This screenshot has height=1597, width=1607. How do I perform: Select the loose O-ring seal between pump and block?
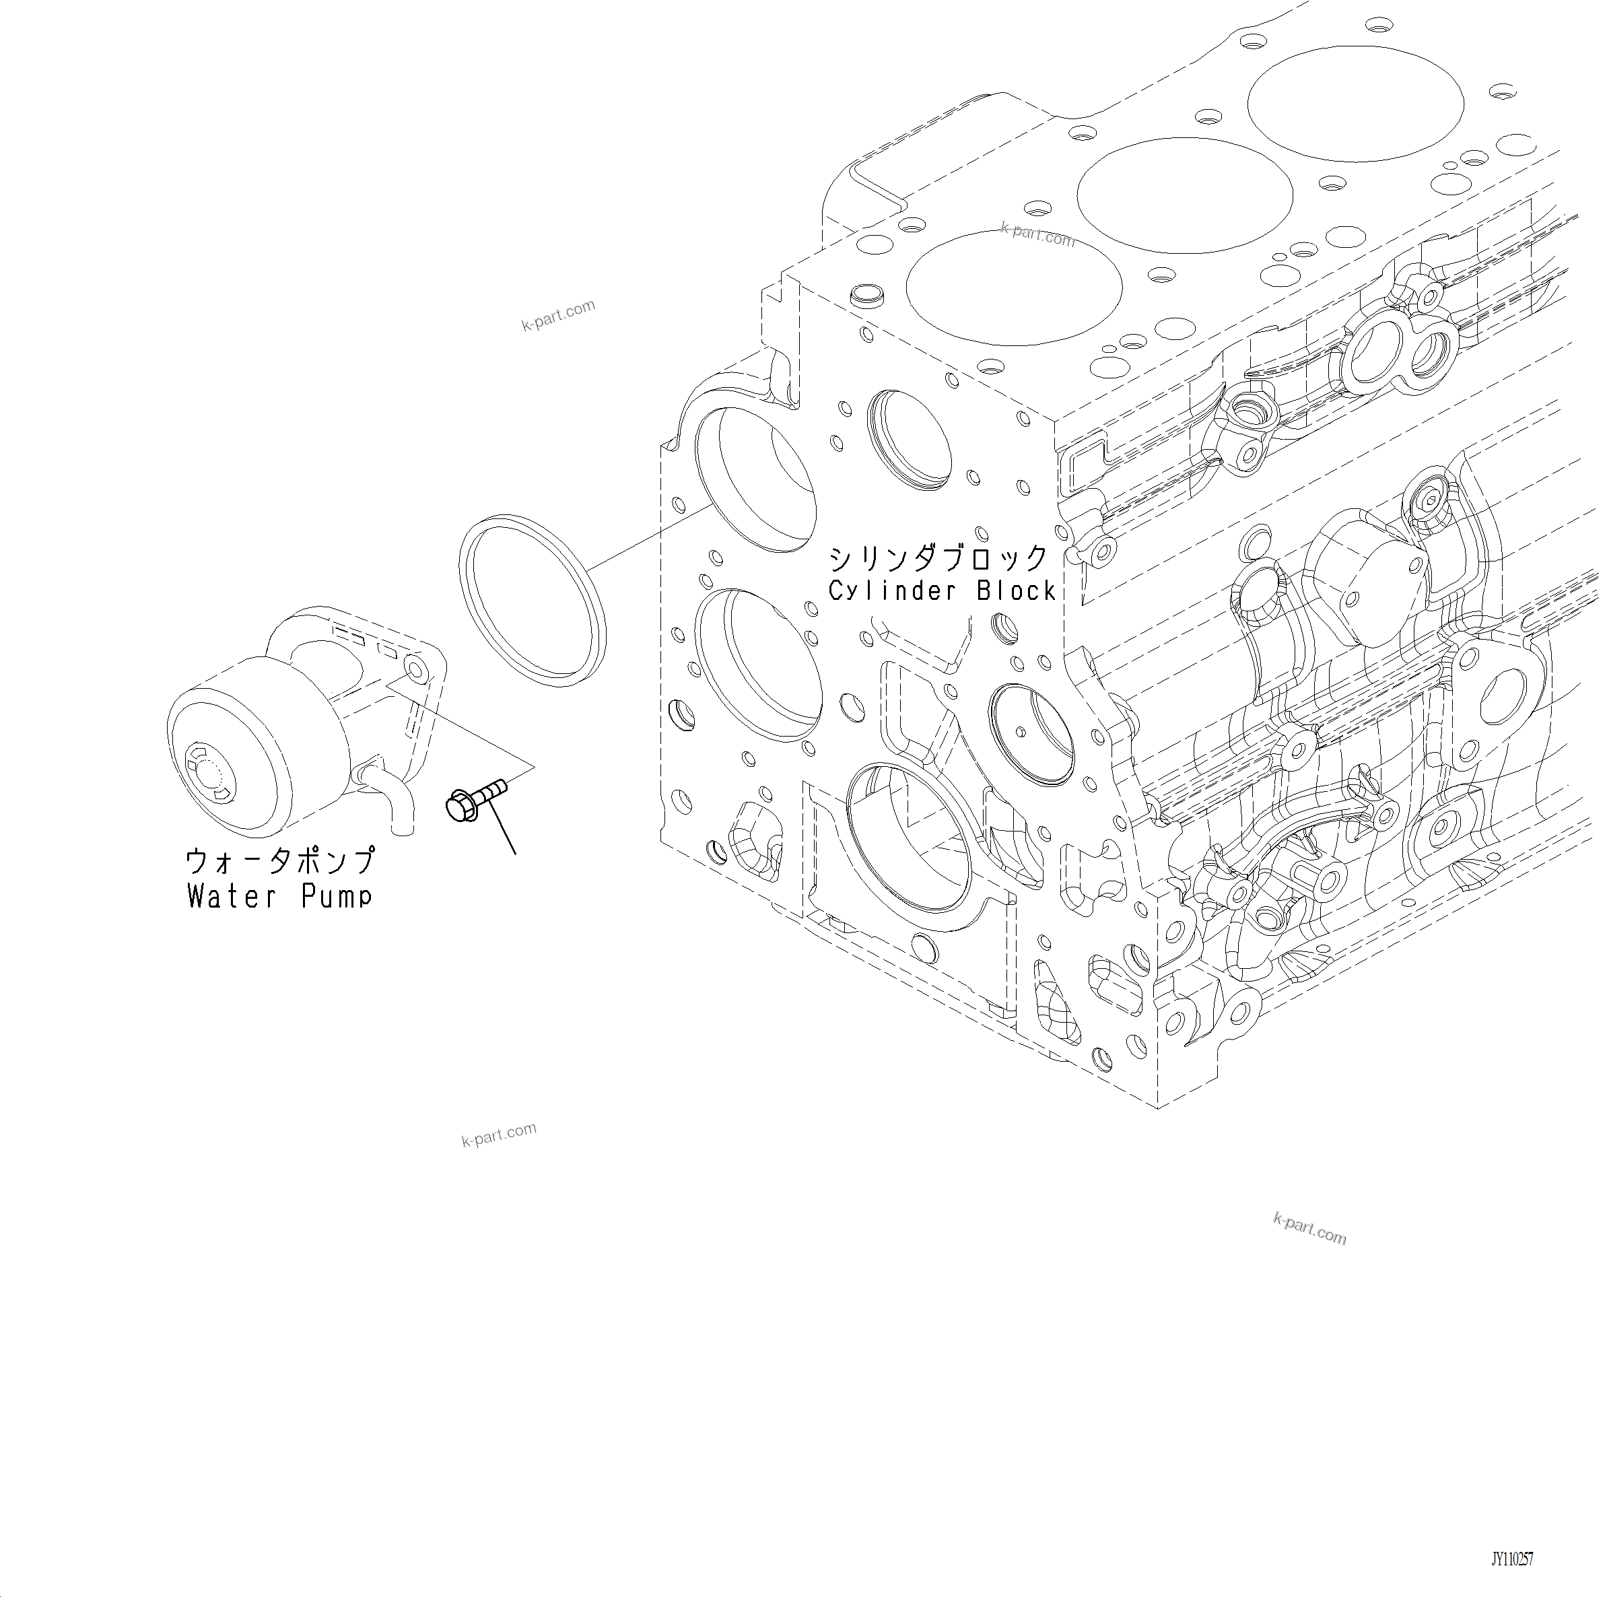pyautogui.click(x=533, y=601)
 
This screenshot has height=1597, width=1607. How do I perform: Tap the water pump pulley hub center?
pyautogui.click(x=208, y=771)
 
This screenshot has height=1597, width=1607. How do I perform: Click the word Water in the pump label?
pyautogui.click(x=230, y=897)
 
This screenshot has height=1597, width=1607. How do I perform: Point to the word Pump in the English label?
pyautogui.click(x=336, y=897)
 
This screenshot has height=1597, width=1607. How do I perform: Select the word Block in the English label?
pyautogui.click(x=1016, y=590)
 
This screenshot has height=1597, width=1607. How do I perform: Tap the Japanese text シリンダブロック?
pyautogui.click(x=938, y=558)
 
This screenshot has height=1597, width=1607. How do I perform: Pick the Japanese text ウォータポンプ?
pyautogui.click(x=280, y=861)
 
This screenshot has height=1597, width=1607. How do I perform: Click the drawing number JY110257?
pyautogui.click(x=1511, y=1559)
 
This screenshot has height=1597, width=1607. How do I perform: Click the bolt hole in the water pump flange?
pyautogui.click(x=414, y=667)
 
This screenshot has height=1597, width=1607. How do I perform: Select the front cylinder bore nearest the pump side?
pyautogui.click(x=1013, y=287)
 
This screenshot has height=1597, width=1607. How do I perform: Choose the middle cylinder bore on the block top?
pyautogui.click(x=1184, y=195)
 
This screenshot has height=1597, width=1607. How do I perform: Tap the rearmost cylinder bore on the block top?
pyautogui.click(x=1355, y=104)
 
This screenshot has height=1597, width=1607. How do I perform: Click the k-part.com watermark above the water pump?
pyautogui.click(x=558, y=314)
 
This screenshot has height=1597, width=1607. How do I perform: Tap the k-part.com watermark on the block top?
pyautogui.click(x=1038, y=234)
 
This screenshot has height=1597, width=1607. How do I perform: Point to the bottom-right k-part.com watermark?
pyautogui.click(x=1309, y=1229)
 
